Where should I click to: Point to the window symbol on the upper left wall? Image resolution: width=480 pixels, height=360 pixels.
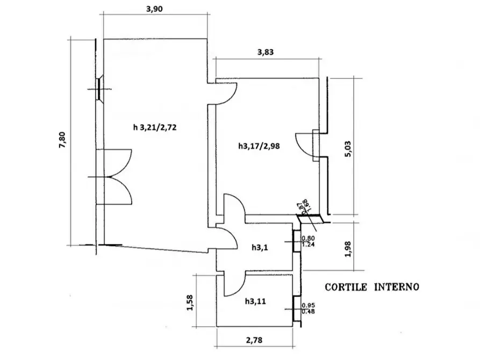(101, 89)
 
